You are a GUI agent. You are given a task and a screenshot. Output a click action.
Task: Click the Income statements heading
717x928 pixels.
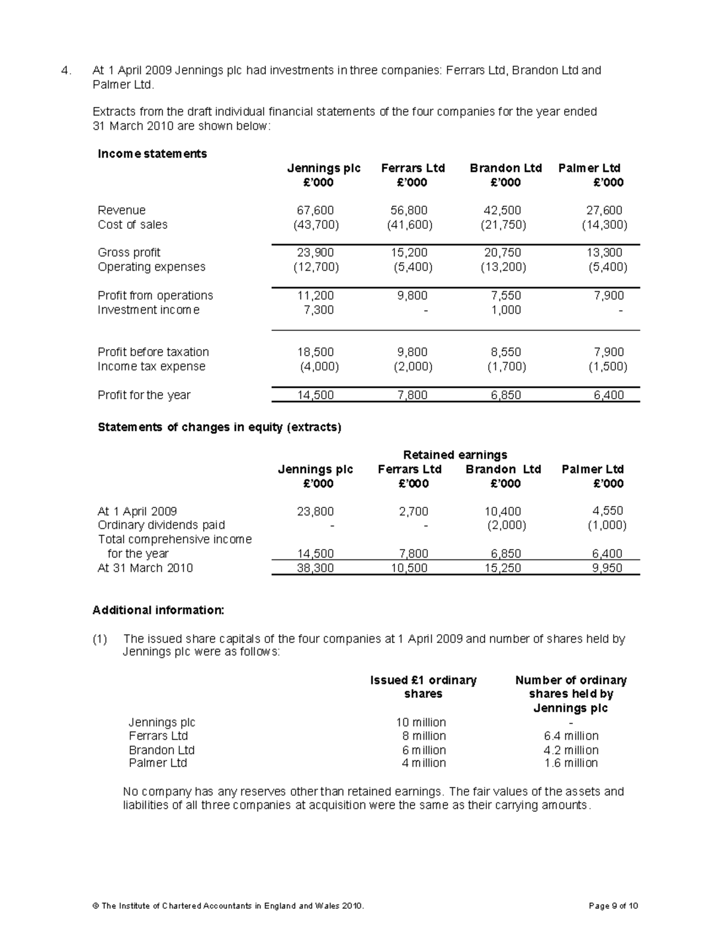click(x=152, y=154)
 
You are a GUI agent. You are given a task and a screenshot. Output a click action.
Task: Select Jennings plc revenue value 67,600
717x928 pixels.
click(x=315, y=210)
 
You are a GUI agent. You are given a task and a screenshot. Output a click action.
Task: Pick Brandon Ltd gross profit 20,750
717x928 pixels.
click(x=502, y=253)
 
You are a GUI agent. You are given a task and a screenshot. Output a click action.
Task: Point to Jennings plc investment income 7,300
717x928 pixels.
click(x=320, y=310)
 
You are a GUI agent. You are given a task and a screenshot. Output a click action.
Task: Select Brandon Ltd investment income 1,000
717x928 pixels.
click(x=506, y=310)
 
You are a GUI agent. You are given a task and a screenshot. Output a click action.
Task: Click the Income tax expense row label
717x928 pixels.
click(x=151, y=366)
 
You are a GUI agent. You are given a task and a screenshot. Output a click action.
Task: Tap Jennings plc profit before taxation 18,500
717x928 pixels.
click(x=315, y=352)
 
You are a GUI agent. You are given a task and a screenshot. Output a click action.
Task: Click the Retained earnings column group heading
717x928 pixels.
click(x=455, y=455)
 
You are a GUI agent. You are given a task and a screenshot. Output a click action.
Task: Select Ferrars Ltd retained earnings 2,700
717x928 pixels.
click(x=413, y=512)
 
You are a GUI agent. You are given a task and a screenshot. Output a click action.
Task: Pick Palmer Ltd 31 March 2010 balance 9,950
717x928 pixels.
click(x=607, y=568)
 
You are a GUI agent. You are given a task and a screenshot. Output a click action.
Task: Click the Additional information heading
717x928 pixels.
click(x=158, y=610)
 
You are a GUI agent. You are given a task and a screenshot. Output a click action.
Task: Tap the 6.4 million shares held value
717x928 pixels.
click(x=571, y=736)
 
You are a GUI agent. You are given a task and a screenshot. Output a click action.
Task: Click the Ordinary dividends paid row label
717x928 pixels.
click(x=161, y=525)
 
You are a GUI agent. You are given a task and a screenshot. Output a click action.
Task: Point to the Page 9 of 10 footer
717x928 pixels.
click(x=614, y=906)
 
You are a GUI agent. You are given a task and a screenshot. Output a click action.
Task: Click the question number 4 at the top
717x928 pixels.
click(x=66, y=71)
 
